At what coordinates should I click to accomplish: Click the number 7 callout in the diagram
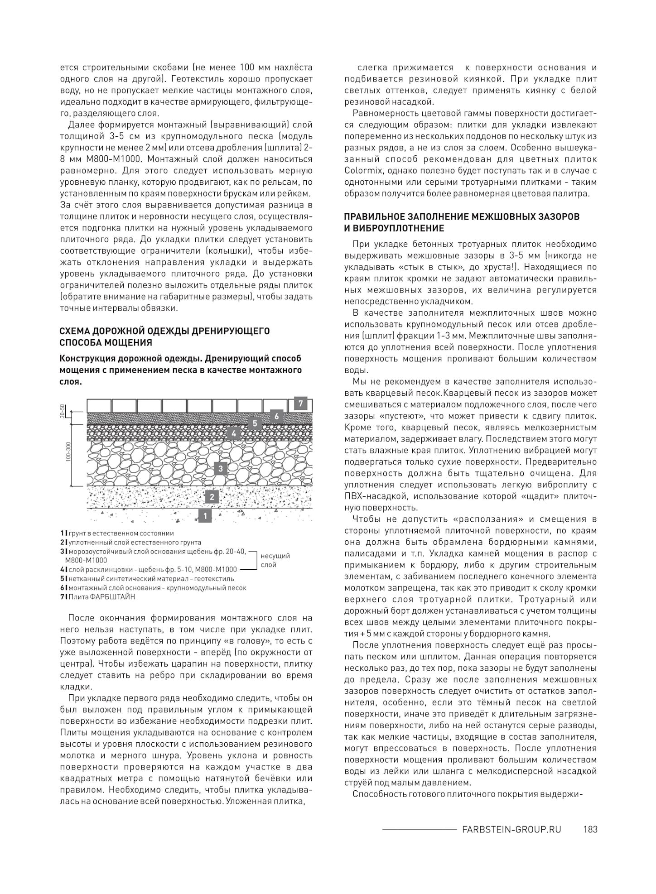(x=300, y=403)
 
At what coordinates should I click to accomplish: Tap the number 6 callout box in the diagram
(x=276, y=416)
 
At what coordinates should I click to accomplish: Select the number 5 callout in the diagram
(x=255, y=423)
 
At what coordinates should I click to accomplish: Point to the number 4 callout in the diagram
(x=234, y=433)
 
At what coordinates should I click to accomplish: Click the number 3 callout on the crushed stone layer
(x=220, y=468)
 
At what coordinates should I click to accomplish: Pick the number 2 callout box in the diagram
(x=212, y=497)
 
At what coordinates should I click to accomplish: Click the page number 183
(x=590, y=829)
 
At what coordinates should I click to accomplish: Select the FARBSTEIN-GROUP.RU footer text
(x=511, y=829)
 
